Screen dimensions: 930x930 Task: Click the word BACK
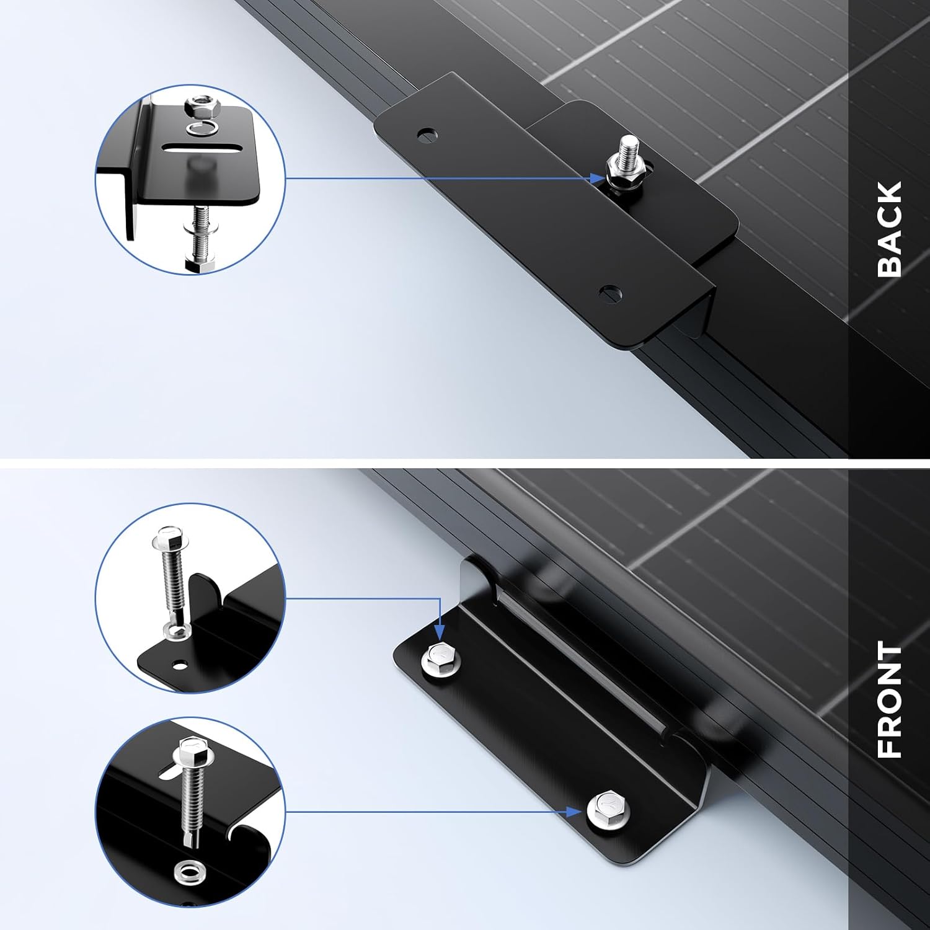tap(890, 229)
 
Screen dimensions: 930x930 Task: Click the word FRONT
tap(890, 701)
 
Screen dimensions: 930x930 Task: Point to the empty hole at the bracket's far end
tap(427, 133)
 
